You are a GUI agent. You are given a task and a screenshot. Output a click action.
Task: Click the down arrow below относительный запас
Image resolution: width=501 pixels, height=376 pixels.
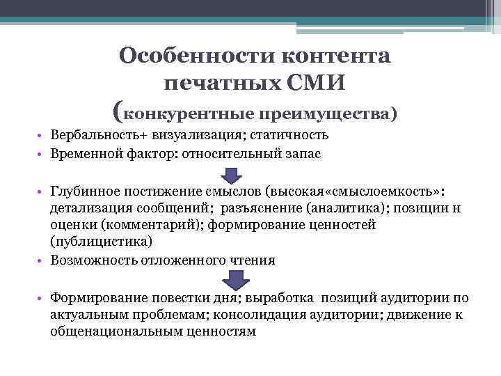coord(236,174)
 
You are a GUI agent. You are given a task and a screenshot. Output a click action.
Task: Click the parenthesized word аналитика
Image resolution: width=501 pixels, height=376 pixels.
coord(335,208)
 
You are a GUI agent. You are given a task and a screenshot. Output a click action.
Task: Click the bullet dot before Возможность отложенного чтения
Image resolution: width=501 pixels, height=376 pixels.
coord(42,260)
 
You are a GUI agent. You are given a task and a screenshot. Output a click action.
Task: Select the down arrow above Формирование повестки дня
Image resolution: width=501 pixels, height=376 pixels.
coord(236,280)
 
